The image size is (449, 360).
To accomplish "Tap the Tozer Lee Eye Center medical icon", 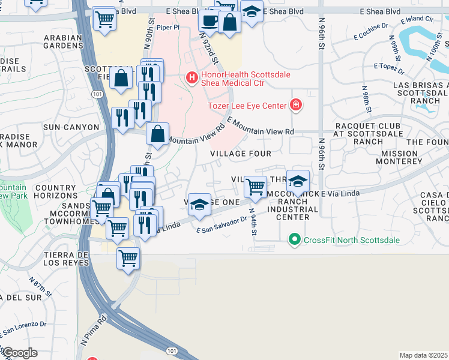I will point(295,106).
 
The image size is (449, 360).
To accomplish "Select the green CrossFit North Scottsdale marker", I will point(294,240).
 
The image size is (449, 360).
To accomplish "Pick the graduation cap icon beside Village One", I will point(199,205).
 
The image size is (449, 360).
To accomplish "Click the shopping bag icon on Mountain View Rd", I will point(157,134).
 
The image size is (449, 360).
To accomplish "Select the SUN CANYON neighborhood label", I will point(71,127).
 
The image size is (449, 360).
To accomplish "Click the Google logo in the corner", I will point(20,352).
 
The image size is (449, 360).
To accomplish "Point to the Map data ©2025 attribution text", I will point(423,355).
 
